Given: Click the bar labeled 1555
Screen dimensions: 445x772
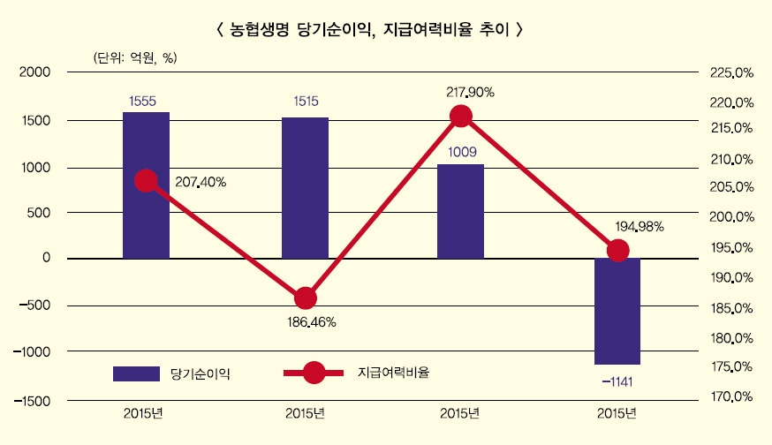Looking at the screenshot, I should coord(146,185).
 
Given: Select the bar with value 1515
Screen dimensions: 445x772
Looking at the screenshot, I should coord(305,187).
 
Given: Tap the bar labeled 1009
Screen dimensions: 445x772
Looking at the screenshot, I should coord(460,211).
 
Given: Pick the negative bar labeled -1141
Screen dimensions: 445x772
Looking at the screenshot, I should coord(617,311).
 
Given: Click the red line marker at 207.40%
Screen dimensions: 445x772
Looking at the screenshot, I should coord(147,181).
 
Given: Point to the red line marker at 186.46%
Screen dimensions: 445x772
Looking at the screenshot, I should coord(305,298).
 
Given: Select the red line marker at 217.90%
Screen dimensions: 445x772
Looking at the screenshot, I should coord(460,116).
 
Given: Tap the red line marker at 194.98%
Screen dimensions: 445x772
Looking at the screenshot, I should coord(617,250).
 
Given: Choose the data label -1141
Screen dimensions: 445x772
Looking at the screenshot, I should coord(617,381).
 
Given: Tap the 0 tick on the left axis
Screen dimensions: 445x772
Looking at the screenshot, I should coord(44,258).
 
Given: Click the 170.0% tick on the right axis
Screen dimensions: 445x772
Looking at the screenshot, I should coord(730,397).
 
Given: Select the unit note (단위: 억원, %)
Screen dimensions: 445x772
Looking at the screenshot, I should coord(135,57).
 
